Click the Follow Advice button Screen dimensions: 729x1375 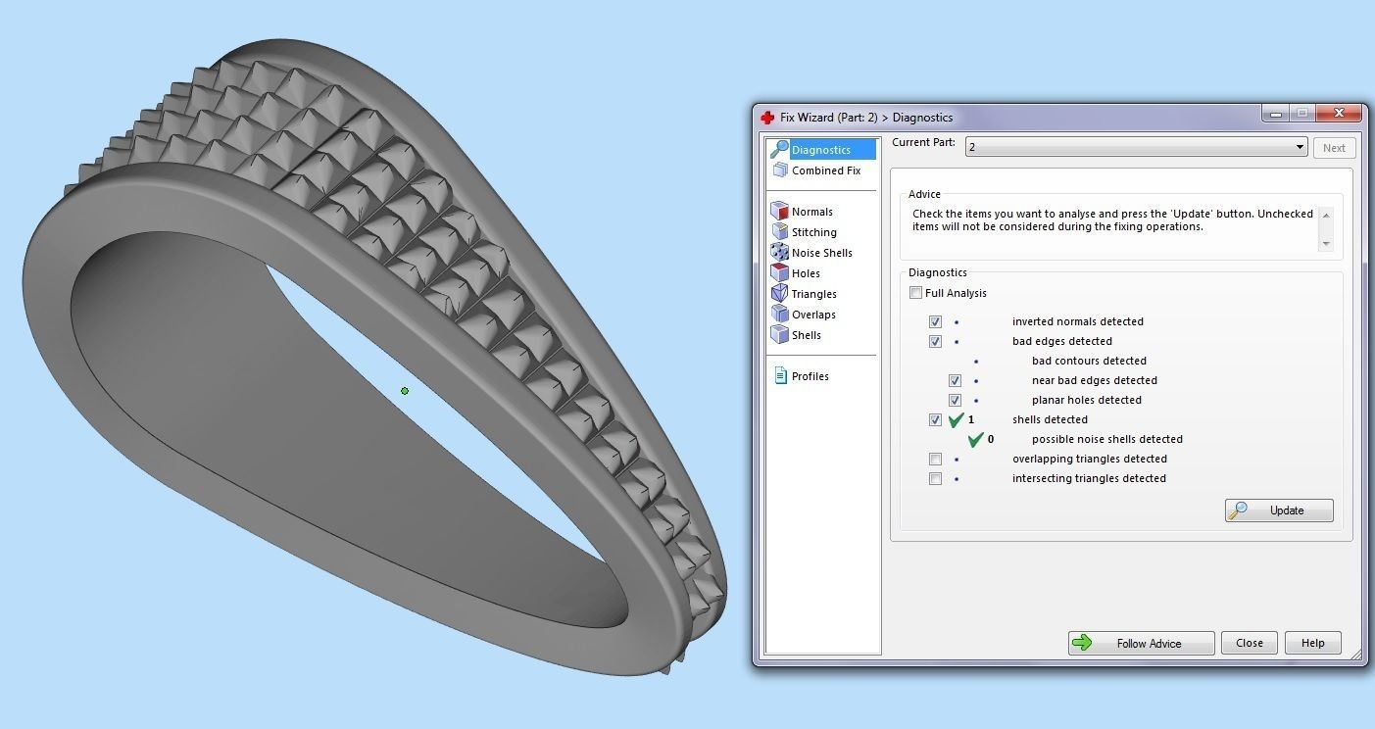pyautogui.click(x=1141, y=643)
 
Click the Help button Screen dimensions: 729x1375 pyautogui.click(x=1312, y=643)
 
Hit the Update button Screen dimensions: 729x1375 pyautogui.click(x=1278, y=510)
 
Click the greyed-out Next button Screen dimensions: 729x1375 pyautogui.click(x=1334, y=148)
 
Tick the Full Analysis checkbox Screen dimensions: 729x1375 pyautogui.click(x=916, y=293)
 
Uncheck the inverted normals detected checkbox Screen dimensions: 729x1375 pyautogui.click(x=935, y=321)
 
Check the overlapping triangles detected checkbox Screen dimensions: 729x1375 pyautogui.click(x=935, y=459)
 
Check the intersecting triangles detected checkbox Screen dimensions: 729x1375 pyautogui.click(x=935, y=478)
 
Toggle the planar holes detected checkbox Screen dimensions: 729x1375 pyautogui.click(x=955, y=400)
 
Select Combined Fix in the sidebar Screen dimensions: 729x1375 pyautogui.click(x=825, y=170)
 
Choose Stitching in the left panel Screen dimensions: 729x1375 pyautogui.click(x=813, y=232)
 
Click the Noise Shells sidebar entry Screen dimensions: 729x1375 pyautogui.click(x=821, y=253)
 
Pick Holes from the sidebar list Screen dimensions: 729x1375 pyautogui.click(x=806, y=273)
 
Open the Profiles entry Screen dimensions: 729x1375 pyautogui.click(x=810, y=376)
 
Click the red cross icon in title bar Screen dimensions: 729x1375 pyautogui.click(x=767, y=118)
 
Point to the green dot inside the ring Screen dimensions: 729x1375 pyautogui.click(x=405, y=391)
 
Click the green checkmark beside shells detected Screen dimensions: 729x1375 pyautogui.click(x=957, y=419)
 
